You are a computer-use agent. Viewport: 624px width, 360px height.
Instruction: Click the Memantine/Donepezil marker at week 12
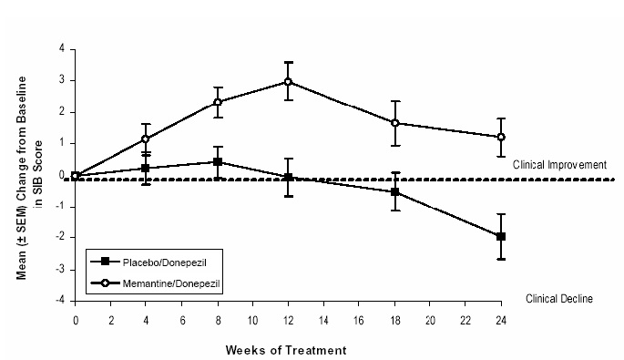click(x=288, y=81)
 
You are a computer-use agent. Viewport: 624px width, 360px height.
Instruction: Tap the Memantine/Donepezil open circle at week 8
click(x=217, y=102)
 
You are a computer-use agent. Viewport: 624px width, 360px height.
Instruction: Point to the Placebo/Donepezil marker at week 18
click(x=394, y=191)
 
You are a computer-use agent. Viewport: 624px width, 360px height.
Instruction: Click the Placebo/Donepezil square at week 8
click(x=217, y=161)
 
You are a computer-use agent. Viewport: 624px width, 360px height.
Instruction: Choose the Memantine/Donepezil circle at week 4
click(x=146, y=139)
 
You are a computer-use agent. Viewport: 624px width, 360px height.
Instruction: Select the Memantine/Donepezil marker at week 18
click(x=394, y=122)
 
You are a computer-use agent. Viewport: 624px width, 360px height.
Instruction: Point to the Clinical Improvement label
click(x=559, y=165)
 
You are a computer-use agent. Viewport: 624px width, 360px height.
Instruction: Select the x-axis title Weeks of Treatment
click(x=288, y=347)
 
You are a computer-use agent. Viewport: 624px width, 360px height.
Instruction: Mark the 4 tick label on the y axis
click(x=60, y=49)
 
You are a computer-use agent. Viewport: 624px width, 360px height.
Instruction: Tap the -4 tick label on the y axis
click(x=58, y=301)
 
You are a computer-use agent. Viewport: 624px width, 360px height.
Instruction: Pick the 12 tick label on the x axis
click(x=288, y=321)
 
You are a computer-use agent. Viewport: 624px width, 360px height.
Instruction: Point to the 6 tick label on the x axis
click(x=181, y=321)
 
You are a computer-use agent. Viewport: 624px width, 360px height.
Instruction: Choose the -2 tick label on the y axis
click(x=58, y=238)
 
